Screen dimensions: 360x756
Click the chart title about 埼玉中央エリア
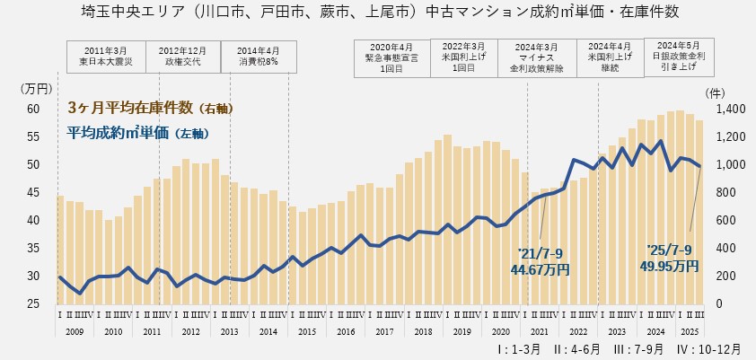(x=377, y=13)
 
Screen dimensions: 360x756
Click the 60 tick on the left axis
(x=34, y=109)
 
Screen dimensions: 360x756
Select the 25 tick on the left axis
(x=34, y=303)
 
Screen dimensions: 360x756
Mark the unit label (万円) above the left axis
(x=35, y=88)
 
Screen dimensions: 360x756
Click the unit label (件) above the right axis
(x=715, y=92)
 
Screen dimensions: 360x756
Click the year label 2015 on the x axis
(x=307, y=331)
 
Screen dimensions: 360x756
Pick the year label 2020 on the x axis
(x=500, y=331)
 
